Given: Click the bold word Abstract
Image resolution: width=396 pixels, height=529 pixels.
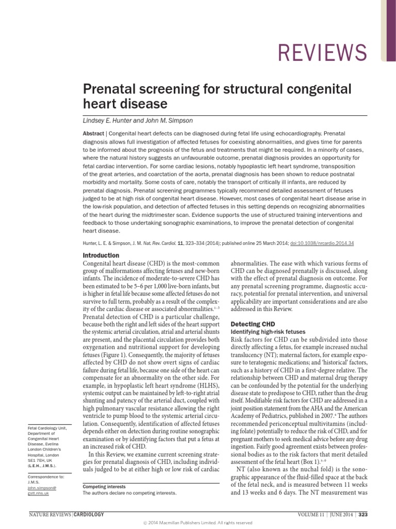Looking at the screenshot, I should pyautogui.click(x=93, y=133).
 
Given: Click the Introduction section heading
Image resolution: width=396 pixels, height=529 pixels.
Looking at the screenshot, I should pyautogui.click(x=101, y=256).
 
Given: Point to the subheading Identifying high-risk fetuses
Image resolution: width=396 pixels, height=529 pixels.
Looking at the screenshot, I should pyautogui.click(x=269, y=331).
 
